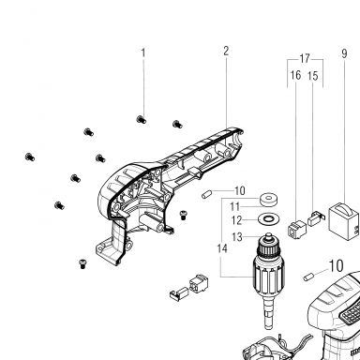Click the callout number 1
pyautogui.click(x=143, y=52)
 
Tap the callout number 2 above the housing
pyautogui.click(x=226, y=51)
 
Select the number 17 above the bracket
pyautogui.click(x=305, y=58)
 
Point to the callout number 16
pyautogui.click(x=295, y=75)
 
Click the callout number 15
pyautogui.click(x=313, y=76)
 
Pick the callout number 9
pyautogui.click(x=344, y=53)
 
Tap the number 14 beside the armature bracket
pyautogui.click(x=222, y=248)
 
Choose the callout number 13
pyautogui.click(x=237, y=237)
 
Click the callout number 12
pyautogui.click(x=237, y=220)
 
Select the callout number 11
pyautogui.click(x=234, y=207)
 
